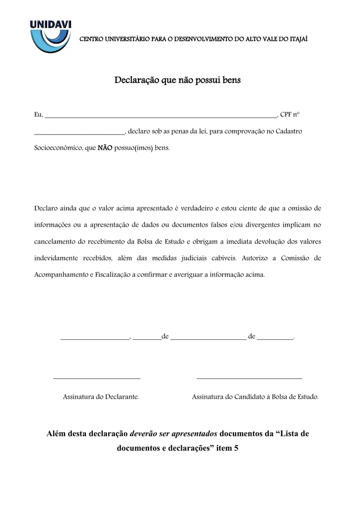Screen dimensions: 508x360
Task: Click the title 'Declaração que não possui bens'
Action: (x=177, y=80)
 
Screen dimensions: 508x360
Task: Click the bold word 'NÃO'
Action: (x=105, y=148)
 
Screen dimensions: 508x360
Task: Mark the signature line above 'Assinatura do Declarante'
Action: (x=97, y=379)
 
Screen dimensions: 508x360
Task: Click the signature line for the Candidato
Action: (x=249, y=379)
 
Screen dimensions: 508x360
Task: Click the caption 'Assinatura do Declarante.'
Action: (x=101, y=397)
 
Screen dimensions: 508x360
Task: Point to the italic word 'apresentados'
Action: (x=192, y=433)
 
